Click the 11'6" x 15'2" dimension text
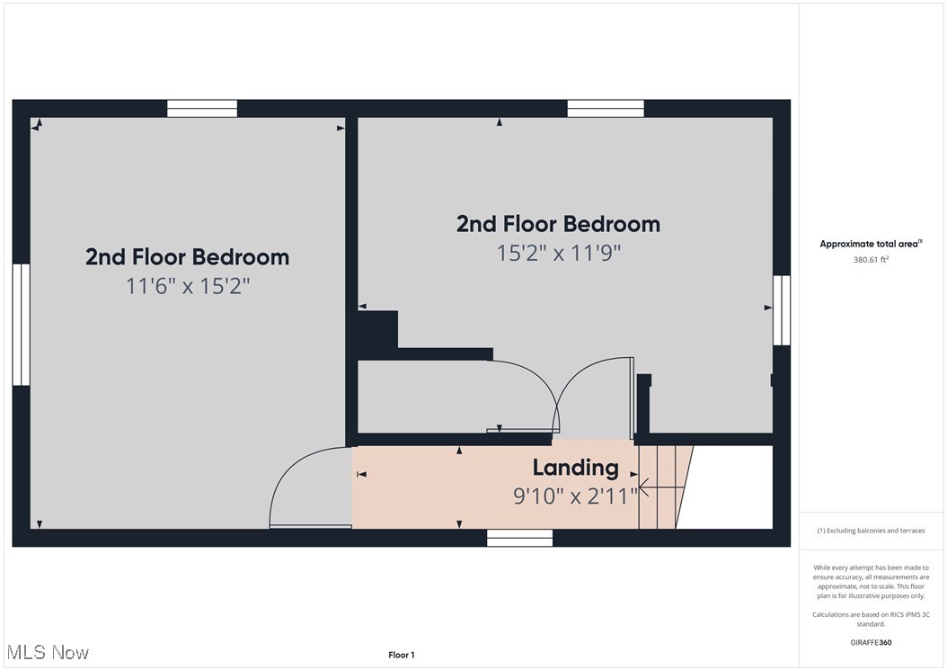coord(187,286)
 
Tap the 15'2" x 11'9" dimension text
coord(559,253)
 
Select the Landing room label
coord(575,468)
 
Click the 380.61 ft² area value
coord(871,260)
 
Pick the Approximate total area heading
coord(871,244)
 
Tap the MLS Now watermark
coord(47,652)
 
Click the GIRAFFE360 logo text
coord(871,642)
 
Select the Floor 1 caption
coord(402,655)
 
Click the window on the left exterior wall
coord(21,325)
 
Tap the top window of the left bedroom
coord(202,108)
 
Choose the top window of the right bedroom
coord(606,108)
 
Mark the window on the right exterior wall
coord(782,310)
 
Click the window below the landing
coord(519,538)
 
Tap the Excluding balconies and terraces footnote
coord(871,531)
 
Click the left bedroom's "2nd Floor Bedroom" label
coord(187,257)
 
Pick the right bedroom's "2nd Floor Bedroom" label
coord(558,224)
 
